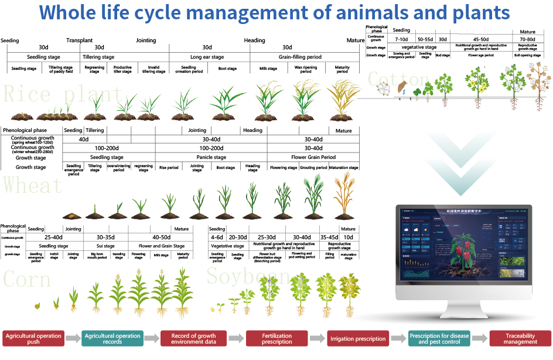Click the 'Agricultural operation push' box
point(33,339)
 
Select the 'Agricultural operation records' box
point(112,339)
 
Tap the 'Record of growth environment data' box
point(193,339)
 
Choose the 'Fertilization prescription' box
point(276,339)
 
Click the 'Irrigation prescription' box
point(358,339)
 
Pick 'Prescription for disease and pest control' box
point(439,339)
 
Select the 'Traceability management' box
point(520,339)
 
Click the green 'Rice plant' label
point(63,94)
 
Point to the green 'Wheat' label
point(33,185)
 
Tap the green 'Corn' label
point(27,280)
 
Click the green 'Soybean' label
point(248,276)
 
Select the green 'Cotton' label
point(398,79)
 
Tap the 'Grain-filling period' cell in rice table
point(286,57)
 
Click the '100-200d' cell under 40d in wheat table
point(107,148)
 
